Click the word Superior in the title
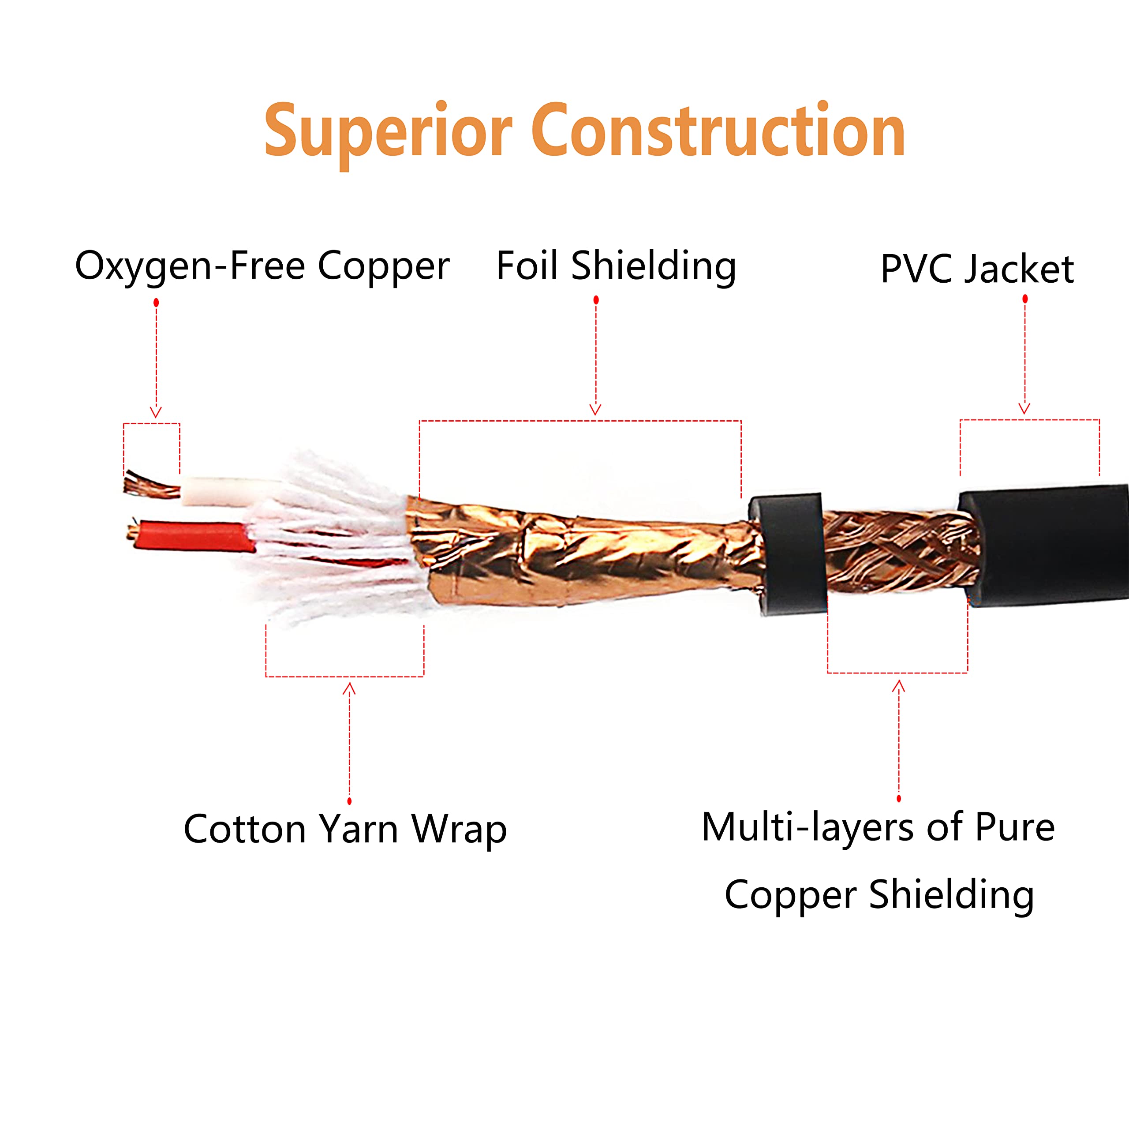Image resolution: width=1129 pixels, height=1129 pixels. (x=388, y=132)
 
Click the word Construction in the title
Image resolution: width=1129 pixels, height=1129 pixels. (x=718, y=131)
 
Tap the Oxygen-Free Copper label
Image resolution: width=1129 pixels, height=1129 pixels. (x=262, y=266)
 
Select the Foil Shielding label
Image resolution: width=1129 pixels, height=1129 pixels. (x=616, y=266)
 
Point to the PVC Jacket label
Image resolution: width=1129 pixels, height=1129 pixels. (x=976, y=269)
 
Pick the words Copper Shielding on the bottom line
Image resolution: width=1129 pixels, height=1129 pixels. (x=879, y=895)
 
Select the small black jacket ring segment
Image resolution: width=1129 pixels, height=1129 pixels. (x=788, y=552)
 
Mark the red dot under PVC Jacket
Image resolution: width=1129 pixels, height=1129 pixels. (x=1025, y=299)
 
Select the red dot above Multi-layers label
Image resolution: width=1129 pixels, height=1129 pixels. (x=899, y=799)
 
